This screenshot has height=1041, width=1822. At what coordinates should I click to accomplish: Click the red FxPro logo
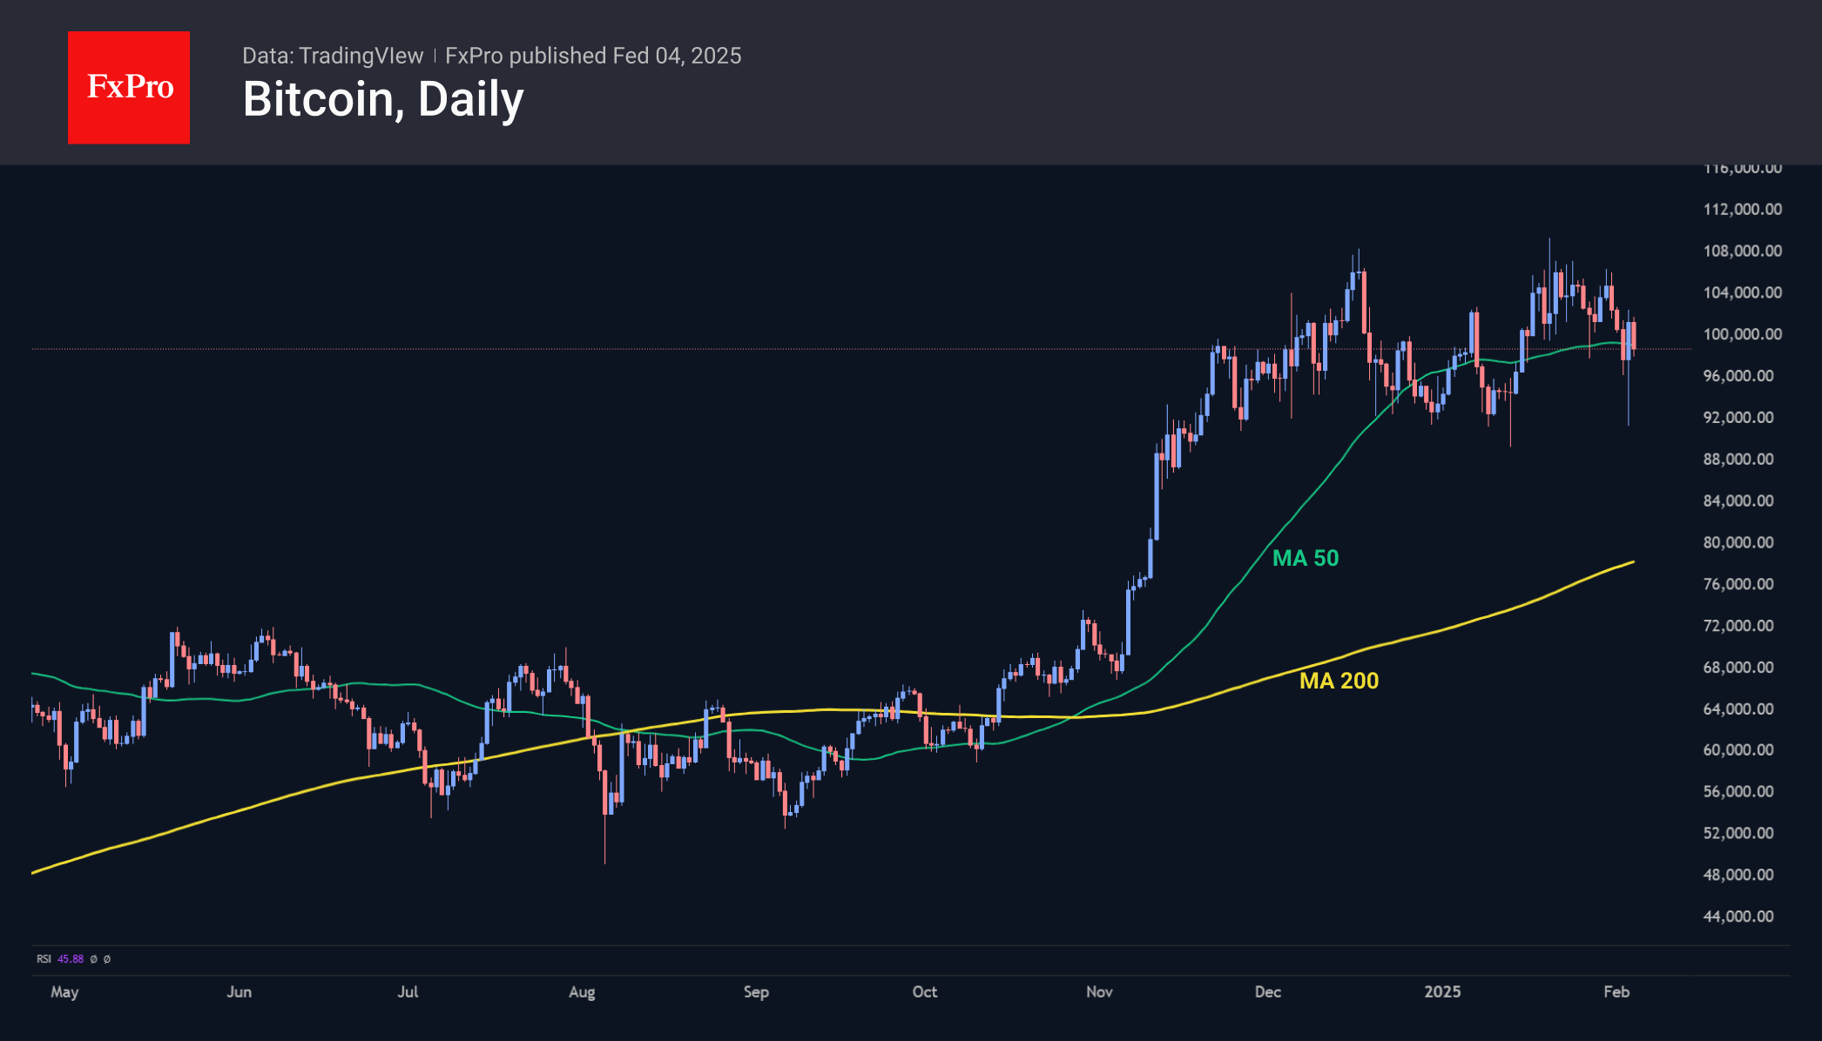click(129, 87)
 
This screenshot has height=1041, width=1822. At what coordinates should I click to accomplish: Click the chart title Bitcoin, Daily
click(383, 99)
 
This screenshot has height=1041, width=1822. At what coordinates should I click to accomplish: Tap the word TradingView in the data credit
click(361, 56)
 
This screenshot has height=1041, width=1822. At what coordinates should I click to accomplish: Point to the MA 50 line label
click(1305, 558)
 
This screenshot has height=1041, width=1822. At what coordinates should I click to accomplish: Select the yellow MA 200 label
click(1339, 681)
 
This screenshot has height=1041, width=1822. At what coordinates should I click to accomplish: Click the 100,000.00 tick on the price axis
click(1742, 334)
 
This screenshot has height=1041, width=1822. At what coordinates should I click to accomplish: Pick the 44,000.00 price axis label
click(1738, 917)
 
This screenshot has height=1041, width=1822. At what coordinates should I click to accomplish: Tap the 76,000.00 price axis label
click(1738, 584)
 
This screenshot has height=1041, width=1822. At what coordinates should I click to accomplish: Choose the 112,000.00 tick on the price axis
click(1742, 209)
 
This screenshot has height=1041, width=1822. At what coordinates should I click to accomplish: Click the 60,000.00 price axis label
click(1738, 750)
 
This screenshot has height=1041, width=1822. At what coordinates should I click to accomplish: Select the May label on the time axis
click(64, 992)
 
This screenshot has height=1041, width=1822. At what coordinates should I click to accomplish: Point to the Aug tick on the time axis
click(582, 992)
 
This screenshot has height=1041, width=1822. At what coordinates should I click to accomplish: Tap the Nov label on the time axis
click(1099, 992)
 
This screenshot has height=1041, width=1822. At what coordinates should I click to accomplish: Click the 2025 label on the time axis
click(1442, 992)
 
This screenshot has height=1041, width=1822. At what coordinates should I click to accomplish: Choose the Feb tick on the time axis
click(1616, 992)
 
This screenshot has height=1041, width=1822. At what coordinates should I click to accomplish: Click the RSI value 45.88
click(71, 959)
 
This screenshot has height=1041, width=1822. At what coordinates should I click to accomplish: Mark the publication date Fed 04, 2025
click(677, 56)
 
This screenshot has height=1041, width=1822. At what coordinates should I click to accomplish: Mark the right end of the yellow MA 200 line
click(1633, 562)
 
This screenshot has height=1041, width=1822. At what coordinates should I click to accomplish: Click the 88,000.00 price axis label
click(1738, 460)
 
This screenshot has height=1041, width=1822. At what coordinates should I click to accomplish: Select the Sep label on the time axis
click(756, 992)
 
